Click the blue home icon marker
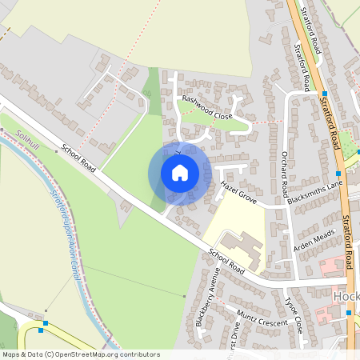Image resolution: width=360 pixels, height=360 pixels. pyautogui.click(x=180, y=173)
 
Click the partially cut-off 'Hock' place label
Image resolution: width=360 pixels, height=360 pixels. pyautogui.click(x=345, y=296)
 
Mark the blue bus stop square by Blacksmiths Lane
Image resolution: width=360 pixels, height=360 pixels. pyautogui.click(x=338, y=173)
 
